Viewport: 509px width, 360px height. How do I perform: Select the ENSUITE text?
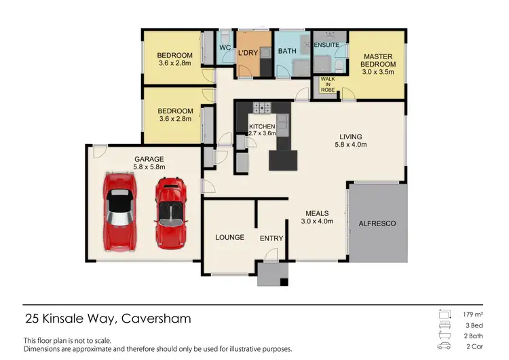coord(326,45)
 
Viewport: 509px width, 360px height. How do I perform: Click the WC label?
coord(224,47)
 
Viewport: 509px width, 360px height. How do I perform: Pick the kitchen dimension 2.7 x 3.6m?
coord(262,134)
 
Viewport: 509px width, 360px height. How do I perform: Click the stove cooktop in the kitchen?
coord(261,107)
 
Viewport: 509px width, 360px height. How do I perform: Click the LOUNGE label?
coord(229,238)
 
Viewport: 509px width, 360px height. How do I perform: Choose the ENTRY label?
coord(271,238)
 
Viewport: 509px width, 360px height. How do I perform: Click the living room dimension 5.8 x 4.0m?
coord(351,145)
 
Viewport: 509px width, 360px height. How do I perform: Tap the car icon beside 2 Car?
coord(445,346)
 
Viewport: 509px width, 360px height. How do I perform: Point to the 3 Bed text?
coord(474,325)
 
